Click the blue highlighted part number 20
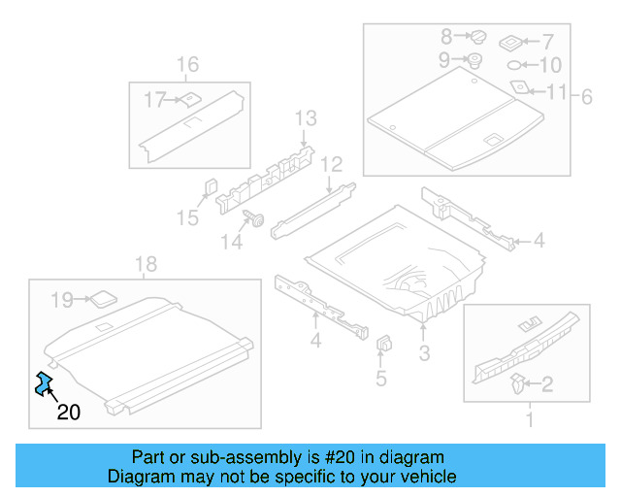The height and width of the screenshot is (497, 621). [43, 384]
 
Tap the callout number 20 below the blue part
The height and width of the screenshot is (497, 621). [68, 413]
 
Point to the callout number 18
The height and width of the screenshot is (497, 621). [145, 264]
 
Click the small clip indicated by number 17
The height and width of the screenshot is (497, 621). [189, 98]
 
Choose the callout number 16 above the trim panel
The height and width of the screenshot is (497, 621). [187, 65]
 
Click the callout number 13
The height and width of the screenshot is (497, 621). [305, 118]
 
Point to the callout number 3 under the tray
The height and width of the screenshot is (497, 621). [424, 353]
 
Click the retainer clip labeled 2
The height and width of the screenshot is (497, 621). [515, 381]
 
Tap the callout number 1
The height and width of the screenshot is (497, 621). [529, 419]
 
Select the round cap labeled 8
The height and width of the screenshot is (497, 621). [478, 37]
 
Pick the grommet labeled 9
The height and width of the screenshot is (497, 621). [475, 61]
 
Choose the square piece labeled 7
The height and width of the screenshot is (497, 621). [510, 42]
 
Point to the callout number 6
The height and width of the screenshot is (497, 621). [586, 96]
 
